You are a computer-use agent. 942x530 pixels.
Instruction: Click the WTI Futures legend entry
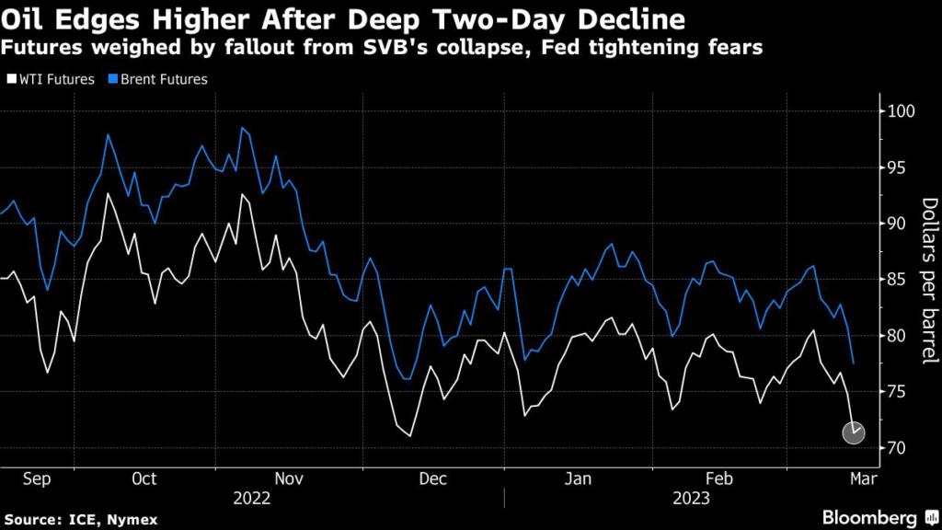[54, 79]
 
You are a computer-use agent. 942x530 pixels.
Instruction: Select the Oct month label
[144, 478]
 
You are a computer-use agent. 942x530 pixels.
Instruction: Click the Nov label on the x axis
[289, 478]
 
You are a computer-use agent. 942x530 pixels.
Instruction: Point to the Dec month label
[431, 478]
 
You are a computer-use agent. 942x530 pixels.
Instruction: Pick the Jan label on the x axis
[577, 478]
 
